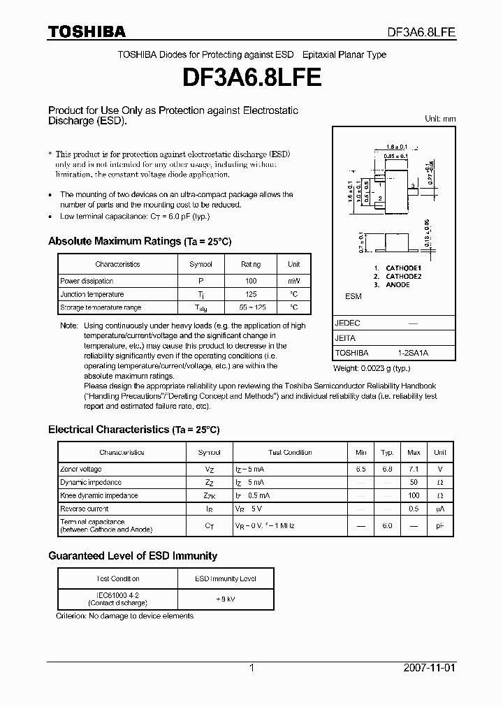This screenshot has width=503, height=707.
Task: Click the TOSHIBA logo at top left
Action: tap(87, 31)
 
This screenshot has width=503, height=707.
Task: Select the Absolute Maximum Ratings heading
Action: tap(139, 241)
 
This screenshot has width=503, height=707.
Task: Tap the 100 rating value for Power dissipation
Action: tap(250, 281)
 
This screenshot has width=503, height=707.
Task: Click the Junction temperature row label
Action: tap(92, 294)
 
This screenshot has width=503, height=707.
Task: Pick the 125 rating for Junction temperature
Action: tap(250, 294)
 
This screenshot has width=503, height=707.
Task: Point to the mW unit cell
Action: tap(294, 281)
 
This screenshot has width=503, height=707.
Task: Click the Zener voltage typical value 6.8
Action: tap(387, 469)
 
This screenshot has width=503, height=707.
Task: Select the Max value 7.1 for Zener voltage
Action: tap(414, 469)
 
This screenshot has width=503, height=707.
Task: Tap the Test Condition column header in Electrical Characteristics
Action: tap(290, 453)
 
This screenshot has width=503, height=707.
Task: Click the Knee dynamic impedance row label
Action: tap(99, 495)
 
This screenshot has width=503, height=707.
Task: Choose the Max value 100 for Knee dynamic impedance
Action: tap(414, 495)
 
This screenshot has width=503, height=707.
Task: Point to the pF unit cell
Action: tap(440, 526)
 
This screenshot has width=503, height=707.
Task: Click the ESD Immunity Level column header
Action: tap(224, 578)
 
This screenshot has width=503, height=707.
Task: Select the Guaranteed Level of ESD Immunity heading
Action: tap(133, 556)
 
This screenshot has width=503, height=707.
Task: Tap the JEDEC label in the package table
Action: tap(347, 323)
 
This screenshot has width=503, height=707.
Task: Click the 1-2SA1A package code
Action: tap(413, 353)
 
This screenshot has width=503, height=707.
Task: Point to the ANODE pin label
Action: tap(398, 285)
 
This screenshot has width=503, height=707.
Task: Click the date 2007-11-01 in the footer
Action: tap(430, 668)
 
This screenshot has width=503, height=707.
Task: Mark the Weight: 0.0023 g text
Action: tap(372, 367)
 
